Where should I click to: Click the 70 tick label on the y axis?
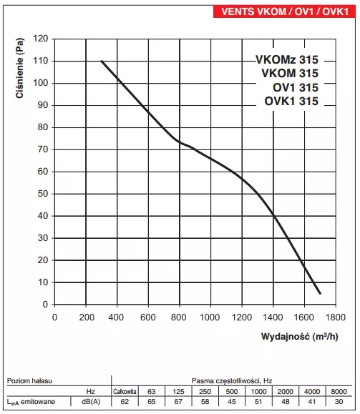coord(42,149)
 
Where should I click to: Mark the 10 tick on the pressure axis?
coord(42,282)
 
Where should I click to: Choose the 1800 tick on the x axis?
coord(335,316)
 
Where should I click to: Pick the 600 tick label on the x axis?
coord(148,316)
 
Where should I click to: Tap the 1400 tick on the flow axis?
coord(273,316)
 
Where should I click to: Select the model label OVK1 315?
coord(291,101)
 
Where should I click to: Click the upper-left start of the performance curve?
coord(102,61)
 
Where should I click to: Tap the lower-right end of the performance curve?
coord(320,293)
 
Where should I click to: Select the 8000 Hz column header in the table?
coord(339,392)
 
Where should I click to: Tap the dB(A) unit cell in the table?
coord(91,403)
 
